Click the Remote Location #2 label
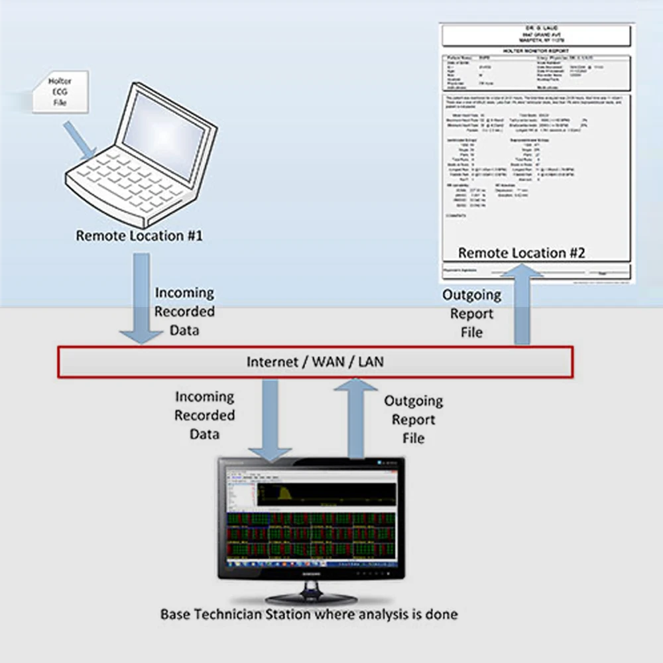point(522,253)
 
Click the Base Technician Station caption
point(309,615)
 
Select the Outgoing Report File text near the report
point(471,313)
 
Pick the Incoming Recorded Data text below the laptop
point(184,311)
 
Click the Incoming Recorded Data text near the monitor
point(204,416)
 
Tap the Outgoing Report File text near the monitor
point(413,420)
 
